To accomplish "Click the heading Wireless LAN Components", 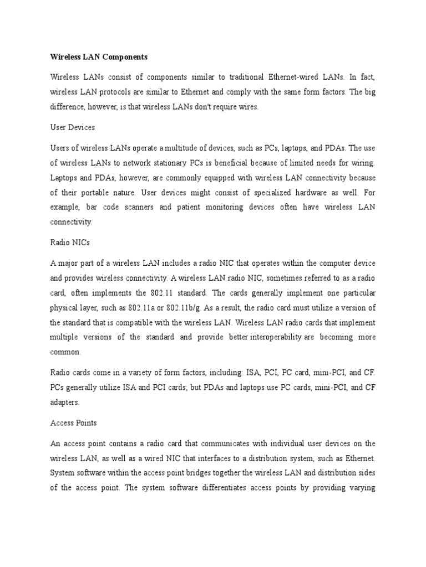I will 99,57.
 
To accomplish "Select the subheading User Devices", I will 72,127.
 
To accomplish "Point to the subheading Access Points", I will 73,422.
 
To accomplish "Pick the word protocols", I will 125,92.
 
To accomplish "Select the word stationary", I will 194,163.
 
